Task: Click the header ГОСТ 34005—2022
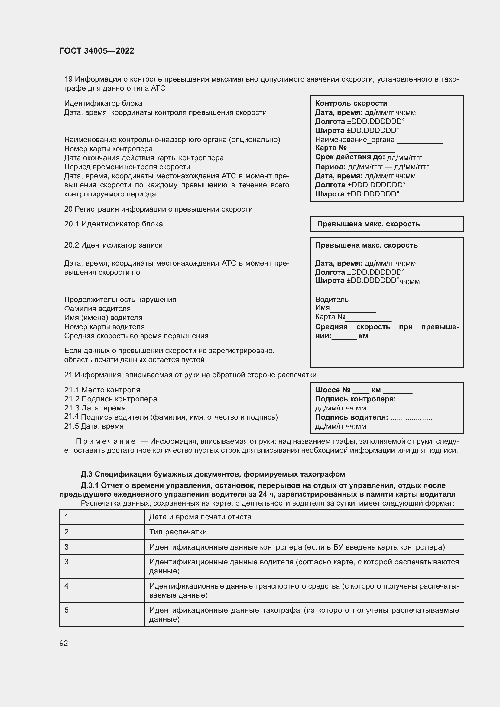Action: [x=97, y=51]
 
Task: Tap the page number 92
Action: [x=64, y=643]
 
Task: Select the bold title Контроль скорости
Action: [x=351, y=103]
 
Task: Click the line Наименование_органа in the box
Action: [x=355, y=140]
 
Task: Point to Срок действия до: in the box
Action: [x=350, y=157]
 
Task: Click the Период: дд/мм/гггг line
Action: [x=372, y=167]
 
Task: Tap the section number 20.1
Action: [x=71, y=224]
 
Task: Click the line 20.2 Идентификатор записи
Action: [x=113, y=245]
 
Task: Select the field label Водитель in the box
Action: [x=332, y=300]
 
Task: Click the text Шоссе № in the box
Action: [x=333, y=390]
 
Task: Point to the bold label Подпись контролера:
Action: [x=355, y=399]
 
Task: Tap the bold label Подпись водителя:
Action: [x=351, y=417]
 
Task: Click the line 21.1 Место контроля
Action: [x=102, y=390]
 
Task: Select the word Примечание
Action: [x=106, y=441]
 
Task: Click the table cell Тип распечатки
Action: [x=178, y=532]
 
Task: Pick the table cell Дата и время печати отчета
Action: [x=200, y=517]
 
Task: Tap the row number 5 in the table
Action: [x=67, y=610]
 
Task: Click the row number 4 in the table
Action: [x=67, y=586]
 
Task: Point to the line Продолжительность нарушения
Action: [x=120, y=300]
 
